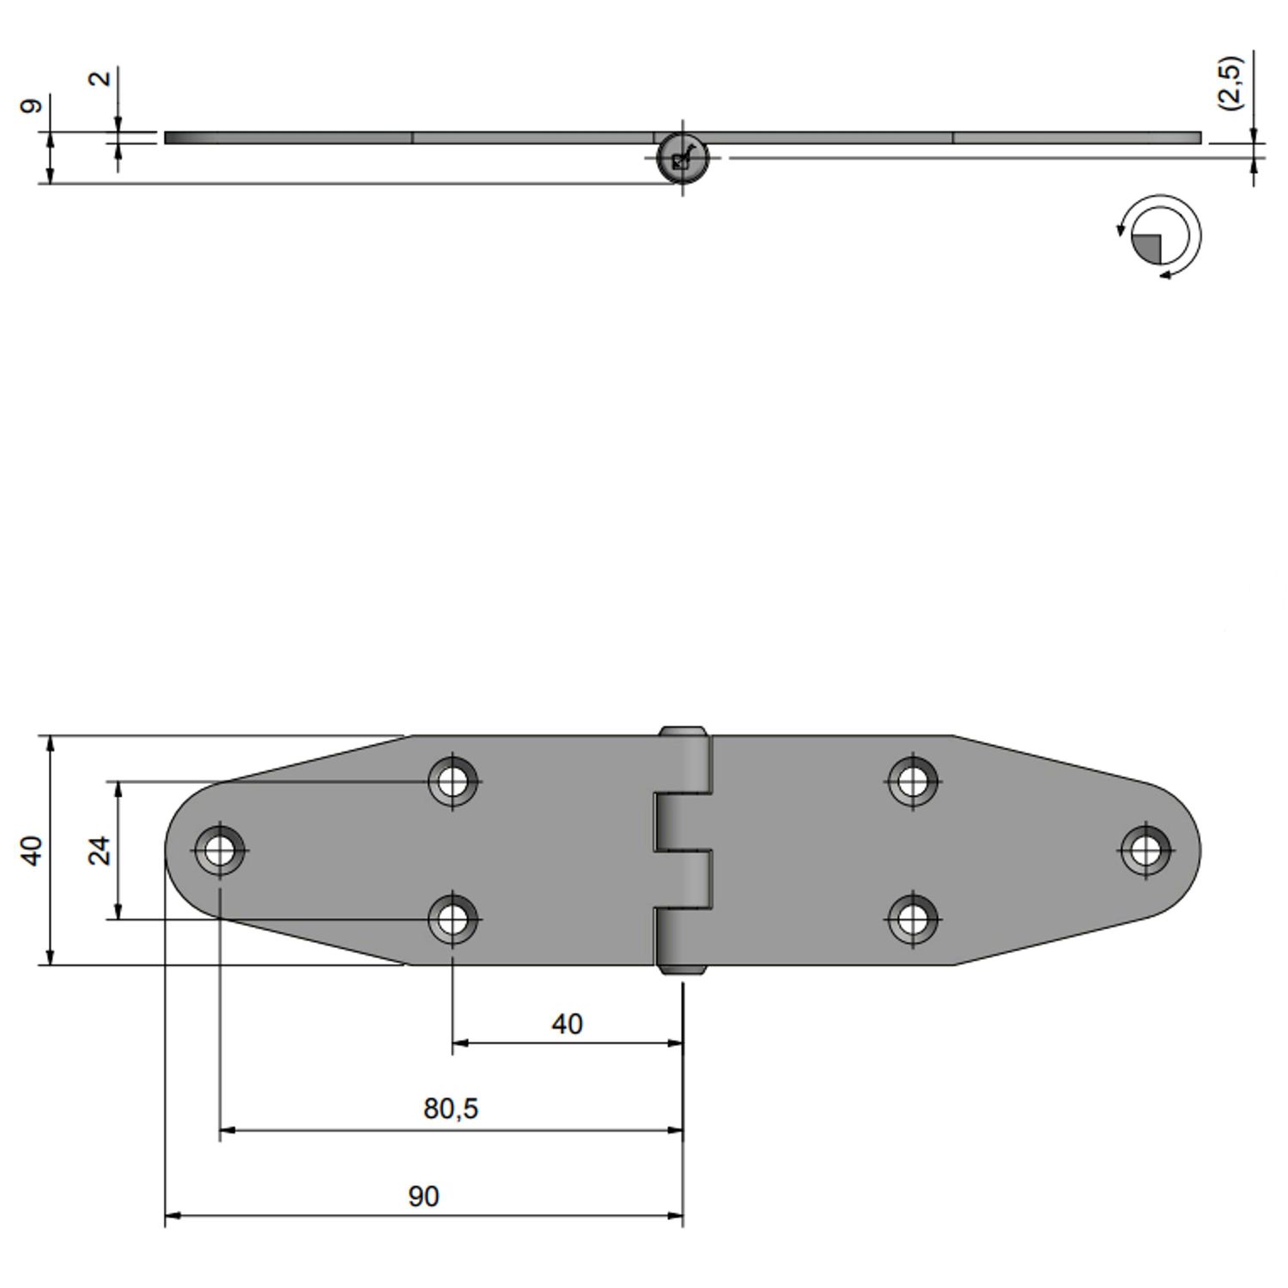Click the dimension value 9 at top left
pos(31,106)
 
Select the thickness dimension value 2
pos(100,78)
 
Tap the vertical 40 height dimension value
pos(31,850)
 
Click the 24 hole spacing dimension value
pos(100,850)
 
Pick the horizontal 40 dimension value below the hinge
pos(567,1024)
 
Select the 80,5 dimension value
pos(451,1109)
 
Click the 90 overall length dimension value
pos(423,1196)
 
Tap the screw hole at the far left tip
pos(220,851)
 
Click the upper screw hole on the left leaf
pos(453,781)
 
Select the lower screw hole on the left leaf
pos(453,919)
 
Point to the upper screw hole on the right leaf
pos(913,781)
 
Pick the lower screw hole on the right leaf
pos(913,919)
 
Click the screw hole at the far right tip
pos(1145,851)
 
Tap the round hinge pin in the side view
pos(682,159)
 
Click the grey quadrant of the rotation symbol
pos(1148,248)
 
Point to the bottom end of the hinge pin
pos(683,969)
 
